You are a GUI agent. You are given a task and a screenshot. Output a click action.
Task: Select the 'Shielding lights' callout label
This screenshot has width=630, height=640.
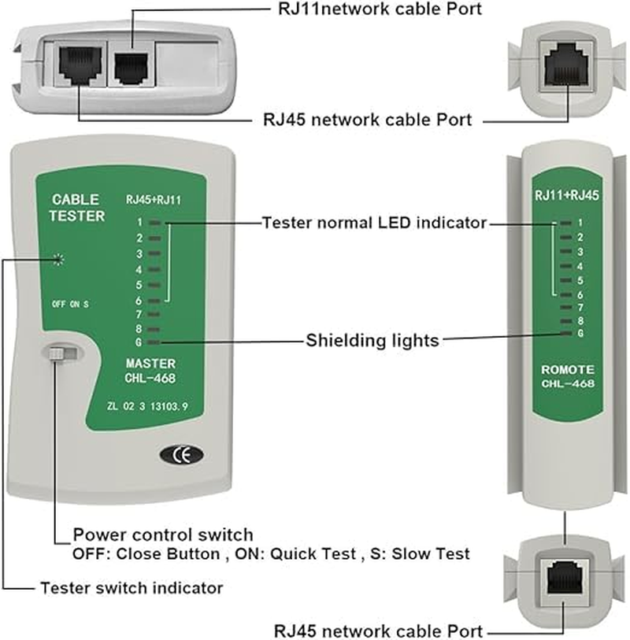pyautogui.click(x=372, y=341)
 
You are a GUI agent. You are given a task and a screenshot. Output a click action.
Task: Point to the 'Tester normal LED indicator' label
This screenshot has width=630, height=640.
pyautogui.click(x=374, y=223)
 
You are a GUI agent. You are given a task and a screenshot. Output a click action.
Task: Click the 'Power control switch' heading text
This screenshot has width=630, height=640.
pyautogui.click(x=163, y=535)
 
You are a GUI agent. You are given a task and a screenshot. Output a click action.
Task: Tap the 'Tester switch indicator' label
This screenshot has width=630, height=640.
pyautogui.click(x=132, y=587)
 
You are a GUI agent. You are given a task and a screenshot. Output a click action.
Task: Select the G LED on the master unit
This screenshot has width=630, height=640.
pyautogui.click(x=154, y=342)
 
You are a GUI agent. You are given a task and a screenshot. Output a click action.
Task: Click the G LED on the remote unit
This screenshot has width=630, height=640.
pyautogui.click(x=565, y=333)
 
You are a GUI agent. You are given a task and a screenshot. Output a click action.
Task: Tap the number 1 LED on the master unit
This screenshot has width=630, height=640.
pyautogui.click(x=154, y=223)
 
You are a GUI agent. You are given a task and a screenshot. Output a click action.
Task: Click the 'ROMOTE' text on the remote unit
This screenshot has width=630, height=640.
pyautogui.click(x=567, y=369)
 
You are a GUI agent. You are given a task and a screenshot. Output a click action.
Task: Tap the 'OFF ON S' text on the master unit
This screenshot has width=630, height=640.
pyautogui.click(x=70, y=303)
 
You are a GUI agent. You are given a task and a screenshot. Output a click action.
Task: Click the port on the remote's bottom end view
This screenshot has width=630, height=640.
pyautogui.click(x=564, y=575)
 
